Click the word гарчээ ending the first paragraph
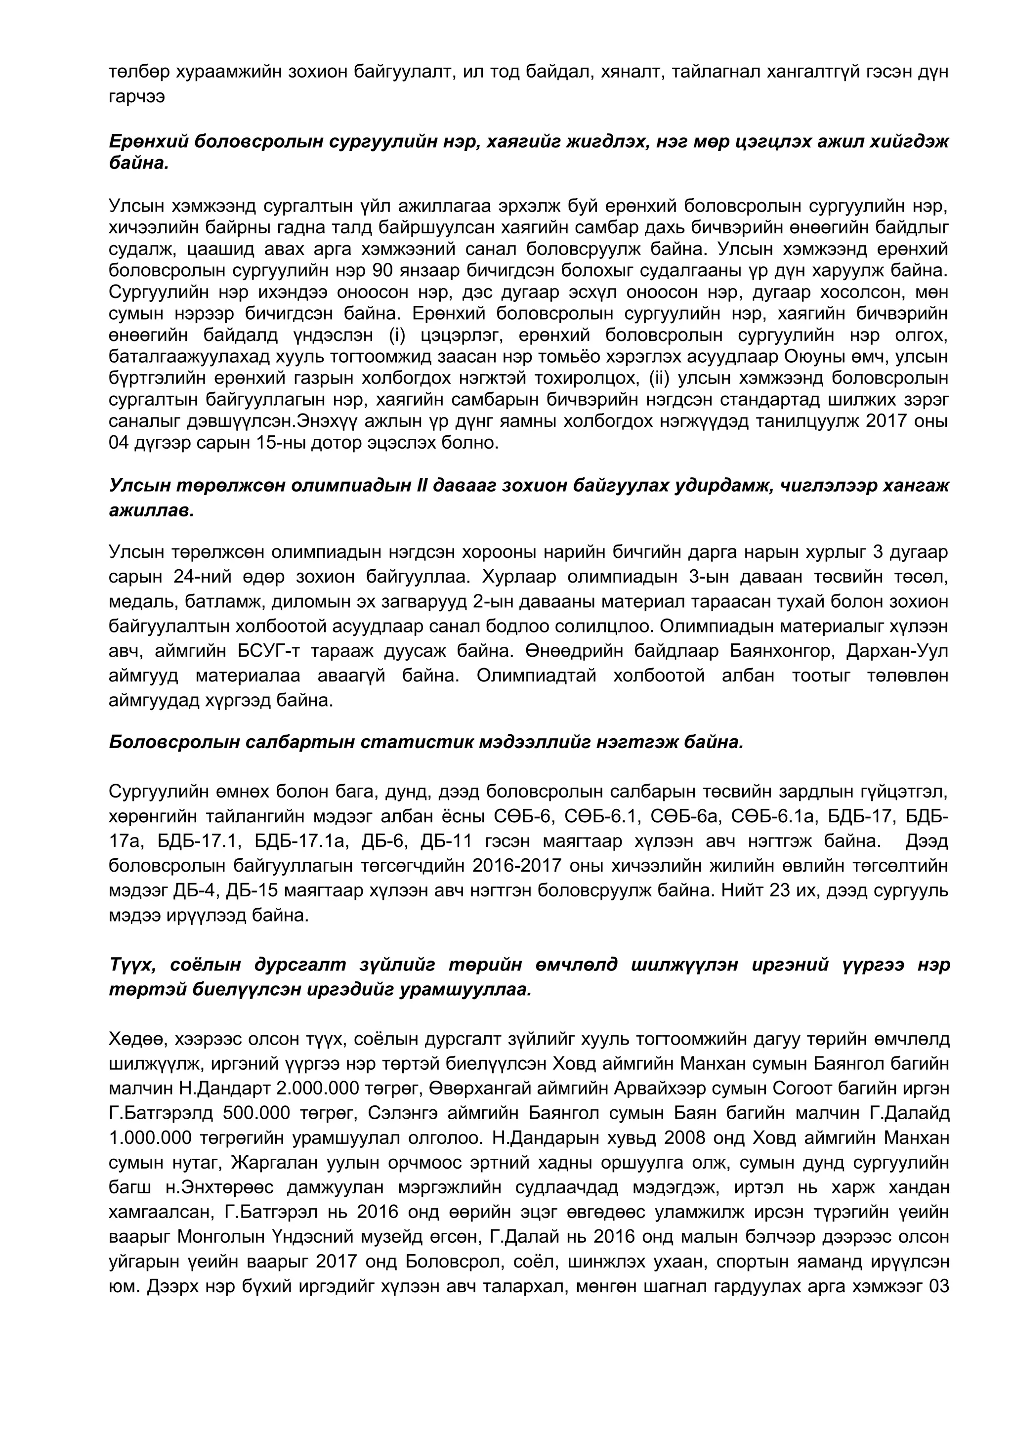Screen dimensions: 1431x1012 pyautogui.click(x=136, y=98)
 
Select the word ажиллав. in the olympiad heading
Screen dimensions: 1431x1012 pyautogui.click(x=151, y=511)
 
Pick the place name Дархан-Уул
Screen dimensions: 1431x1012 pyautogui.click(x=897, y=651)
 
